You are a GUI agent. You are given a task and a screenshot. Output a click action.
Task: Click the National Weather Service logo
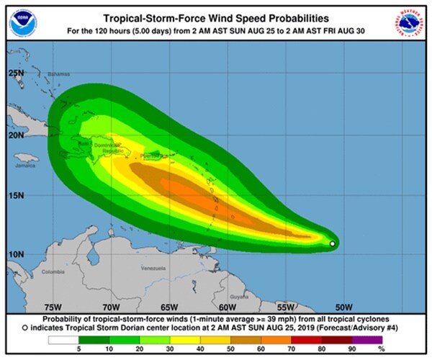408,23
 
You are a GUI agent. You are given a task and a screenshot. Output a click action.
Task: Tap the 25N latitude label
17,73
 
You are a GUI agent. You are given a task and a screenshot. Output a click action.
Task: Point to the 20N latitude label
17,135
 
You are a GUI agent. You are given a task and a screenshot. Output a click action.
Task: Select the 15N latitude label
17,194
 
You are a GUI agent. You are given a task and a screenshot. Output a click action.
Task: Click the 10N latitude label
17,254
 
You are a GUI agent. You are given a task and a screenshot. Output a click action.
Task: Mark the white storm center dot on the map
332,244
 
